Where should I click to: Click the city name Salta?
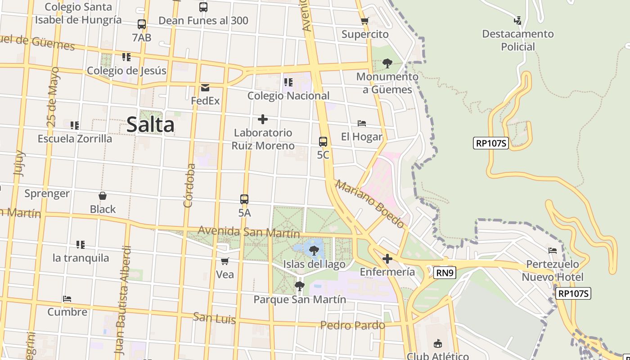click(150, 124)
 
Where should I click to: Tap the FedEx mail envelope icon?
click(205, 88)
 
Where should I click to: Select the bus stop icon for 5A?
click(244, 199)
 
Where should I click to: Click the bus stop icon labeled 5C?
click(323, 141)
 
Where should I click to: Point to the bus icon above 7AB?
click(142, 24)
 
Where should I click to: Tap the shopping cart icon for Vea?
click(225, 261)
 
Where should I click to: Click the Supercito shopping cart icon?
click(365, 21)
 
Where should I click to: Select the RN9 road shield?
click(445, 272)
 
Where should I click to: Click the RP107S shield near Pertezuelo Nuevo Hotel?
click(573, 294)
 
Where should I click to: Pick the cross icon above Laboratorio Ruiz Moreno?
click(263, 119)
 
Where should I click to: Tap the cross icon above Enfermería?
click(387, 259)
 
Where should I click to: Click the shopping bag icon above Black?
click(103, 196)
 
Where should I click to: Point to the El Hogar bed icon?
click(362, 123)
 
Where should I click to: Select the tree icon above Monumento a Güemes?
click(387, 63)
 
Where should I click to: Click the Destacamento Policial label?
click(518, 40)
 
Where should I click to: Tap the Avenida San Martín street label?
click(249, 232)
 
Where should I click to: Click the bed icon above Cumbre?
click(67, 298)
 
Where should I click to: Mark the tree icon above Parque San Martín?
click(299, 286)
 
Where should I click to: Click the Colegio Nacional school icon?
click(288, 82)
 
